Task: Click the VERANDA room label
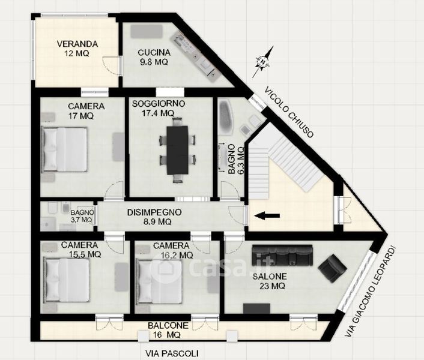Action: (77, 44)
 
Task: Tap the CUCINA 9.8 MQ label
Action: (154, 57)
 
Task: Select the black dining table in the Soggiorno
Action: (177, 150)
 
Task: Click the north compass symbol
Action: (263, 62)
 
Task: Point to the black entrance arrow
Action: (267, 215)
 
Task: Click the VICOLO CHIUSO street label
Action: (289, 112)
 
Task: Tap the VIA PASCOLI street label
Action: (172, 353)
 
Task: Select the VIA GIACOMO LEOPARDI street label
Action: (371, 291)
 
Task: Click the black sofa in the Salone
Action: (282, 255)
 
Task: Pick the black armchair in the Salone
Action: (332, 268)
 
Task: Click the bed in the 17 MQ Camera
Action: (64, 149)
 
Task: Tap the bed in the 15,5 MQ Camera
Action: (67, 280)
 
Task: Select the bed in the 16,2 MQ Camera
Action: (159, 281)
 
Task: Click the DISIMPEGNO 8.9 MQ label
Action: (154, 217)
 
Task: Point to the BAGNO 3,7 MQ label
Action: (82, 217)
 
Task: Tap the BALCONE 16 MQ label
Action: (168, 330)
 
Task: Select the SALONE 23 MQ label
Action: (270, 281)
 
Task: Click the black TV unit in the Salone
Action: (256, 308)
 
